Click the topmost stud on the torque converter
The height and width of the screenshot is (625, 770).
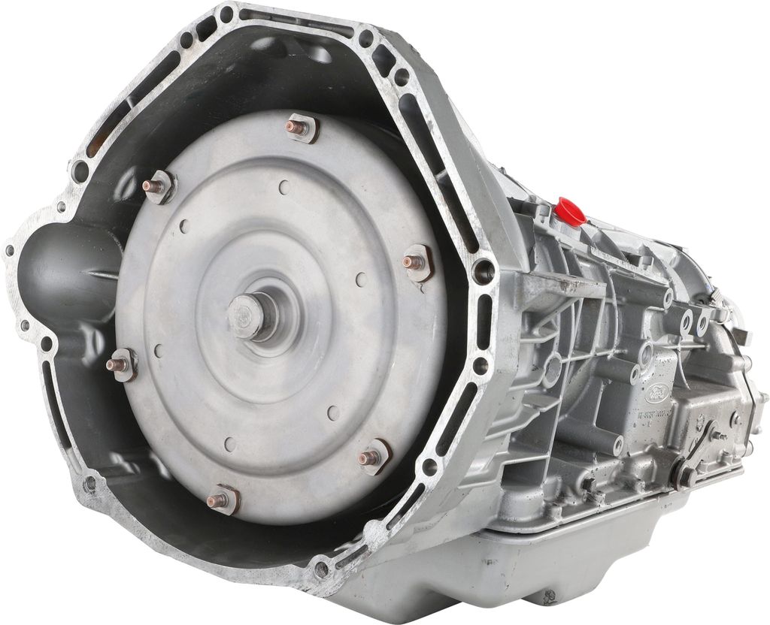pyautogui.click(x=300, y=128)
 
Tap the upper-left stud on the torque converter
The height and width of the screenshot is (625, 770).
pyautogui.click(x=159, y=185)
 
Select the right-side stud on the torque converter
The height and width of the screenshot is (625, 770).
pyautogui.click(x=416, y=262)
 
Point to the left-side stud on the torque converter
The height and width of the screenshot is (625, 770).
pyautogui.click(x=120, y=364)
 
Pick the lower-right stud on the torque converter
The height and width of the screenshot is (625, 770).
pyautogui.click(x=372, y=456)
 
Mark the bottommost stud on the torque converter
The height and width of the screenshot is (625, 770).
pyautogui.click(x=221, y=499)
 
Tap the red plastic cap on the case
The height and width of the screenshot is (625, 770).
pyautogui.click(x=571, y=212)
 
